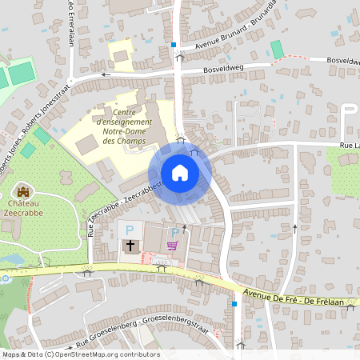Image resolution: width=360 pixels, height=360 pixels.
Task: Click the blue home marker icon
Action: point(180,173)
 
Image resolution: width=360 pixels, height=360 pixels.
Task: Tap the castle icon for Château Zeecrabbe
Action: point(23,191)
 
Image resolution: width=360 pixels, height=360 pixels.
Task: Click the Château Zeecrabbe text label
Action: point(23,210)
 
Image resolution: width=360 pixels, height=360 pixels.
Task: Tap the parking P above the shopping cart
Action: point(174,232)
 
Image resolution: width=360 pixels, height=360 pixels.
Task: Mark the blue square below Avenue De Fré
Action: point(234,305)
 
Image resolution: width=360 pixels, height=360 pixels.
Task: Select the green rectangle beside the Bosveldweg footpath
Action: point(277,50)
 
